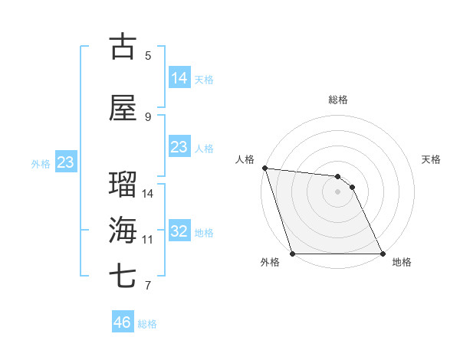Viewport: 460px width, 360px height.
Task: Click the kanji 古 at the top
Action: click(123, 47)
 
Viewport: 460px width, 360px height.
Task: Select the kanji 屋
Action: click(123, 108)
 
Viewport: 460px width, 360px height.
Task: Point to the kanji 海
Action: click(123, 231)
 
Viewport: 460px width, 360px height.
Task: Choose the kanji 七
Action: click(123, 277)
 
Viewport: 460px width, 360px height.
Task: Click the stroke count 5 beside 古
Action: click(148, 55)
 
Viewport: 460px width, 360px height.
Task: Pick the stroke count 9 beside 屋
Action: click(148, 116)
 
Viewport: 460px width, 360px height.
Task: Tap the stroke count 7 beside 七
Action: click(148, 286)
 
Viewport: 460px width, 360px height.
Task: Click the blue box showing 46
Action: click(123, 322)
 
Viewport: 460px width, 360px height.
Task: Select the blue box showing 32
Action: click(179, 231)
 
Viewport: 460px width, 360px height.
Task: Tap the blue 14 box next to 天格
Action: click(179, 78)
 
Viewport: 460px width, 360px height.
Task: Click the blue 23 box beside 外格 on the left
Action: click(65, 162)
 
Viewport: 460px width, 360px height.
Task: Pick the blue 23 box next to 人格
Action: click(179, 147)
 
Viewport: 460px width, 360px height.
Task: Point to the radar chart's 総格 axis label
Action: click(338, 100)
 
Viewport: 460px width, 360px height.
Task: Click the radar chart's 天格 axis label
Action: click(431, 159)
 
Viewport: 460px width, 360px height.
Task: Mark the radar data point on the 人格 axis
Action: click(264, 169)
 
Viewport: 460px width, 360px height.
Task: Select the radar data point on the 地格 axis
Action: click(383, 254)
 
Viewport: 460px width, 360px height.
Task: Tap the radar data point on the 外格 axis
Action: click(292, 254)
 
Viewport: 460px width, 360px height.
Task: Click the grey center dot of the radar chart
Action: click(337, 191)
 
